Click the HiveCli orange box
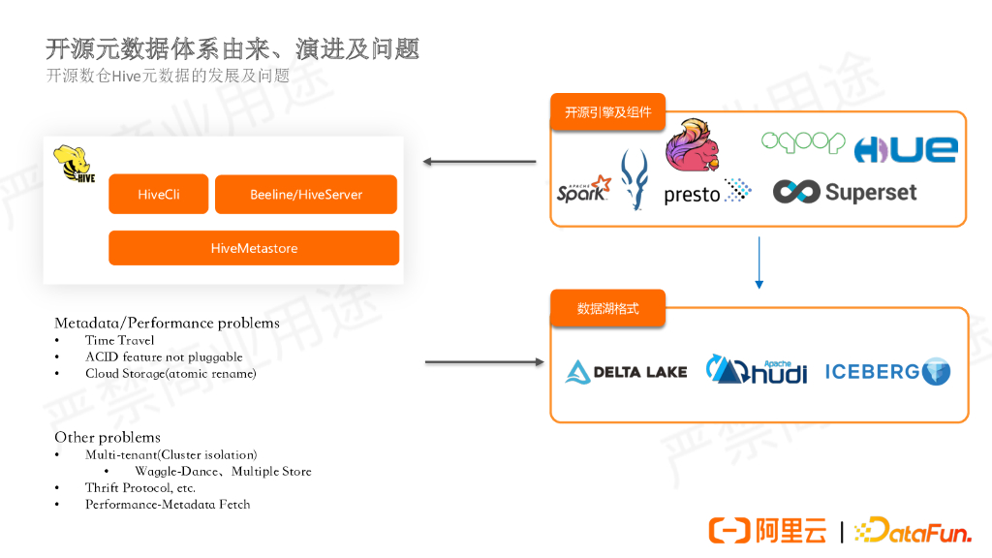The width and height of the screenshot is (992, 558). click(159, 195)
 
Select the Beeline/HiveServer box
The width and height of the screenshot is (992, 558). click(305, 195)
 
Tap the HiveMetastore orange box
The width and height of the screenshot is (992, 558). click(254, 248)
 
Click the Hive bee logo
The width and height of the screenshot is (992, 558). click(74, 165)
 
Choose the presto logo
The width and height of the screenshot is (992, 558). click(707, 193)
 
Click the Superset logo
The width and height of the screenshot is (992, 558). click(845, 192)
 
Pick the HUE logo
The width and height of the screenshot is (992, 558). click(905, 149)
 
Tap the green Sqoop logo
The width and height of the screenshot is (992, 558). click(803, 142)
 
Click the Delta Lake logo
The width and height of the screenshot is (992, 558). click(627, 372)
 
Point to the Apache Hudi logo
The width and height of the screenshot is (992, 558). click(757, 370)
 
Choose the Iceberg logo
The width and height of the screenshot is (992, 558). click(887, 371)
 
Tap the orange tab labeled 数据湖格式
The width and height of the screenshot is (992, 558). click(607, 309)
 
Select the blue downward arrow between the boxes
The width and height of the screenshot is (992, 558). click(759, 264)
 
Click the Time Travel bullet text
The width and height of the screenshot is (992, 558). click(119, 340)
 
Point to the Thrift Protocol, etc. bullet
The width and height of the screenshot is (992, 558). click(139, 487)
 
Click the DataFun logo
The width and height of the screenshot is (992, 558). click(914, 530)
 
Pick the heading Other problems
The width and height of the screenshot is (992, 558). click(108, 437)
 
